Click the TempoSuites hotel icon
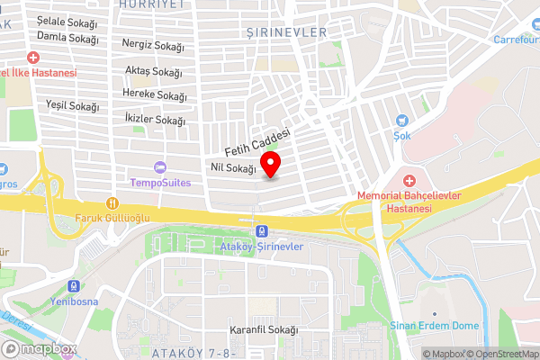click(x=160, y=166)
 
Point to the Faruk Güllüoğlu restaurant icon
click(x=112, y=202)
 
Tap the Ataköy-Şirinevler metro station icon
click(x=262, y=231)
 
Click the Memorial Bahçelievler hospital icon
click(x=409, y=182)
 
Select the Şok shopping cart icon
click(x=401, y=120)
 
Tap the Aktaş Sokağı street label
click(x=154, y=72)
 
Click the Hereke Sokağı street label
click(x=155, y=95)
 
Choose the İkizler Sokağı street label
click(x=156, y=120)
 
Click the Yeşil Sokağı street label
click(x=71, y=106)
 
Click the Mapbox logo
click(x=40, y=348)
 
